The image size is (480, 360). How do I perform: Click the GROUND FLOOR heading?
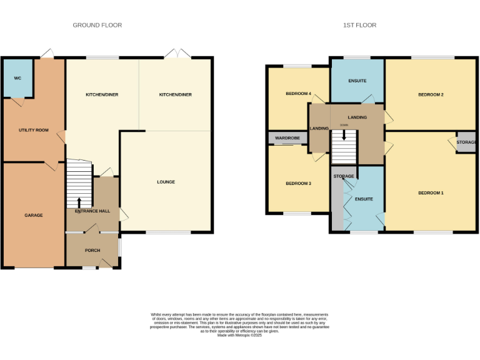point(97,25)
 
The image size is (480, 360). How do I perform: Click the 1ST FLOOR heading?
point(359,25)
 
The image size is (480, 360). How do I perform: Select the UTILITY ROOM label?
point(33,130)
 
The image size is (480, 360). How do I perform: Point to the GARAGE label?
point(34,215)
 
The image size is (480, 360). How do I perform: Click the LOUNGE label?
point(166,182)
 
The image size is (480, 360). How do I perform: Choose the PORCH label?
point(92,250)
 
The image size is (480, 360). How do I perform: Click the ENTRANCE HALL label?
point(92,211)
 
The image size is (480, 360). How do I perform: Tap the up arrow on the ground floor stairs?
point(79,202)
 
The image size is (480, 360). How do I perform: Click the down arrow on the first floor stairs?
point(343,135)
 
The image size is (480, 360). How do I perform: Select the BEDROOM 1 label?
point(431,192)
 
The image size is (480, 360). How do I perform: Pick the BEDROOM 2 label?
point(431,94)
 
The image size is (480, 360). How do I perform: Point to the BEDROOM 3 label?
point(298,183)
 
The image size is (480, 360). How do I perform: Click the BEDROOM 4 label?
point(298,94)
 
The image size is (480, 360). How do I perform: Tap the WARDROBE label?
point(287,137)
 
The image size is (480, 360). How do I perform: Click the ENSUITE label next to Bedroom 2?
point(357,81)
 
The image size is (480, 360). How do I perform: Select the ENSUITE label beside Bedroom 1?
point(364,199)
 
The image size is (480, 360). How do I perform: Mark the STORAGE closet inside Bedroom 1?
point(466,142)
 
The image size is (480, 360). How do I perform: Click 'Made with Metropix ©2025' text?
point(239,336)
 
